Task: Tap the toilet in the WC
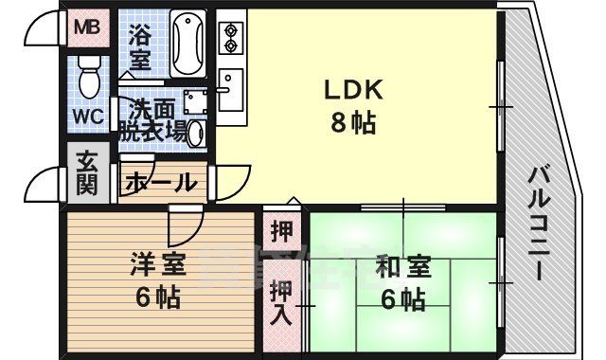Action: [x=89, y=75]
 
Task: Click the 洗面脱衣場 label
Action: [x=151, y=121]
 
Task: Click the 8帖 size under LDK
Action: [x=353, y=124]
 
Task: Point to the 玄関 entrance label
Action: [x=86, y=173]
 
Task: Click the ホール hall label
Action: [x=160, y=182]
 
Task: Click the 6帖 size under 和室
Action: [x=401, y=300]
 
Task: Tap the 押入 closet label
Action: [x=281, y=302]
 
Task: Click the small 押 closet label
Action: [x=281, y=230]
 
